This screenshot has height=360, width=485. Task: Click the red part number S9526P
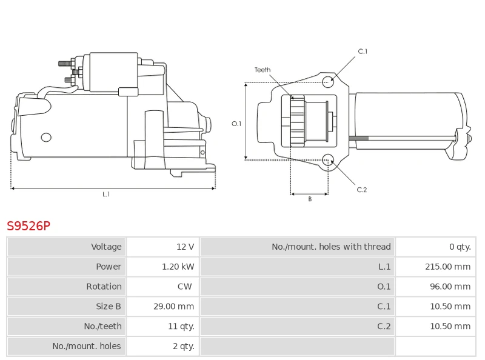28,226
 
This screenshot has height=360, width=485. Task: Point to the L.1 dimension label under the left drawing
106,194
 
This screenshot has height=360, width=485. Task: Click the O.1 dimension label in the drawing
236,124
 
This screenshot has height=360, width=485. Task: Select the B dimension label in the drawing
309,199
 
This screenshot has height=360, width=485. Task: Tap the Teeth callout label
263,70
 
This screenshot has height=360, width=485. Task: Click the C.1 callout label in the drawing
363,52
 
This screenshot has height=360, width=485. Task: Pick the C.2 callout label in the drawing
362,190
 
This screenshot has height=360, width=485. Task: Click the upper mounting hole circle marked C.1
328,82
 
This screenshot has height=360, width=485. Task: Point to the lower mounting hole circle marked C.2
328,160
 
